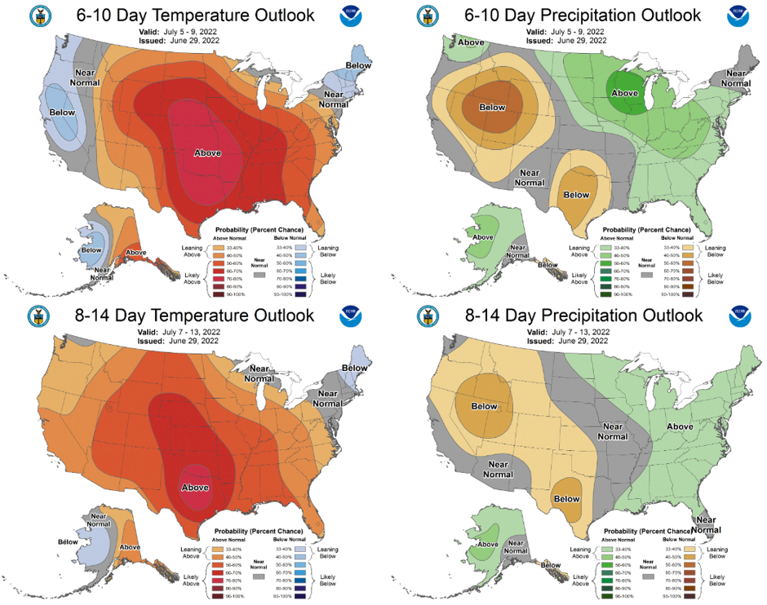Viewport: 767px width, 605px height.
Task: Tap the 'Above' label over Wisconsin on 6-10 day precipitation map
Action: point(624,93)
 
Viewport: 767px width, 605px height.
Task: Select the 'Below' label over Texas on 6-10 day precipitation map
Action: point(576,194)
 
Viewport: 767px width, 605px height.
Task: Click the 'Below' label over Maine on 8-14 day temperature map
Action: point(355,368)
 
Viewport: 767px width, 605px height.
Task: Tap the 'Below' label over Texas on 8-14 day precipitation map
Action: point(566,498)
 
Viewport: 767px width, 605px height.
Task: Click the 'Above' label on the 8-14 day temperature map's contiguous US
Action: point(195,488)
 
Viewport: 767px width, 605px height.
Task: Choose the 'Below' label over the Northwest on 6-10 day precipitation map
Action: point(492,107)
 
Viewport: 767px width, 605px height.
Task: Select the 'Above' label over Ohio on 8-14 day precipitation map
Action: point(681,426)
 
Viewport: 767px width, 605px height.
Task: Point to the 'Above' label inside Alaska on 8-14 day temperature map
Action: point(129,547)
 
